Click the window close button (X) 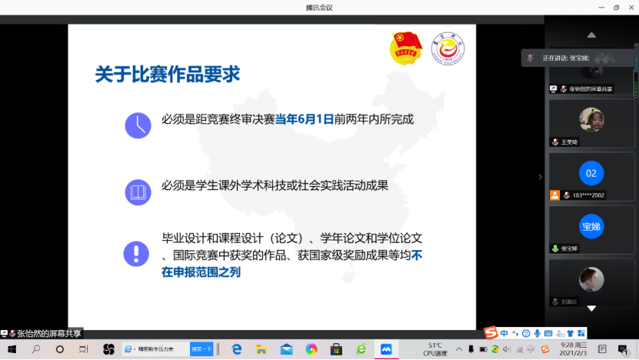point(631,7)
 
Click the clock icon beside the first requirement point(138,124)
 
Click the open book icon point(138,192)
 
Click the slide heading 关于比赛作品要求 point(168,75)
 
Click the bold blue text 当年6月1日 point(305,119)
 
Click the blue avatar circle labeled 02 point(591,174)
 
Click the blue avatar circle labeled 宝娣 point(591,227)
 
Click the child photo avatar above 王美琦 point(591,119)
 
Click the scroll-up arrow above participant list point(591,35)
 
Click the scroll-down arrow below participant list point(591,308)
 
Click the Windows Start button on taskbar point(12,349)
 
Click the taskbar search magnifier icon point(36,349)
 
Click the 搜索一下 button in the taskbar point(201,349)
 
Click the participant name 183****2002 point(588,195)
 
